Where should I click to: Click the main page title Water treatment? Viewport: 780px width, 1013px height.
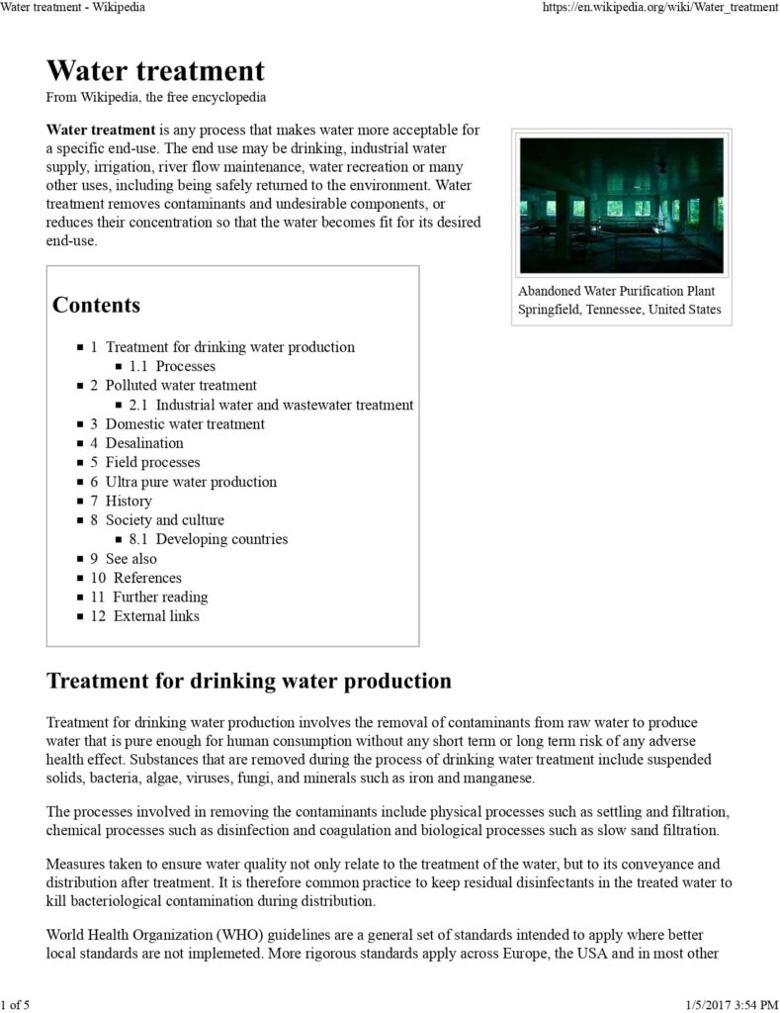tap(155, 71)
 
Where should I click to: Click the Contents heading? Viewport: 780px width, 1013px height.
tap(96, 305)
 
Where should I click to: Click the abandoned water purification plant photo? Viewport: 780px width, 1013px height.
tap(621, 205)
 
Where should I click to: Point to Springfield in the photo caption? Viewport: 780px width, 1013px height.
tap(550, 310)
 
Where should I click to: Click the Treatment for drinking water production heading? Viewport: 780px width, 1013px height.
tap(249, 682)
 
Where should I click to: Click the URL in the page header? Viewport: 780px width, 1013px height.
tap(660, 8)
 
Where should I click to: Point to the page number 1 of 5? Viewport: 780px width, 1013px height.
tap(16, 1005)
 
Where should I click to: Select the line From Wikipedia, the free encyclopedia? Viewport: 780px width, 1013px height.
tap(155, 98)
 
